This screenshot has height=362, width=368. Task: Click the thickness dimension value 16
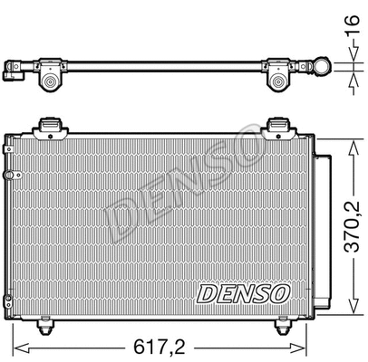click(351, 24)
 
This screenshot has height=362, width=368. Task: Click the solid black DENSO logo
click(242, 293)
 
